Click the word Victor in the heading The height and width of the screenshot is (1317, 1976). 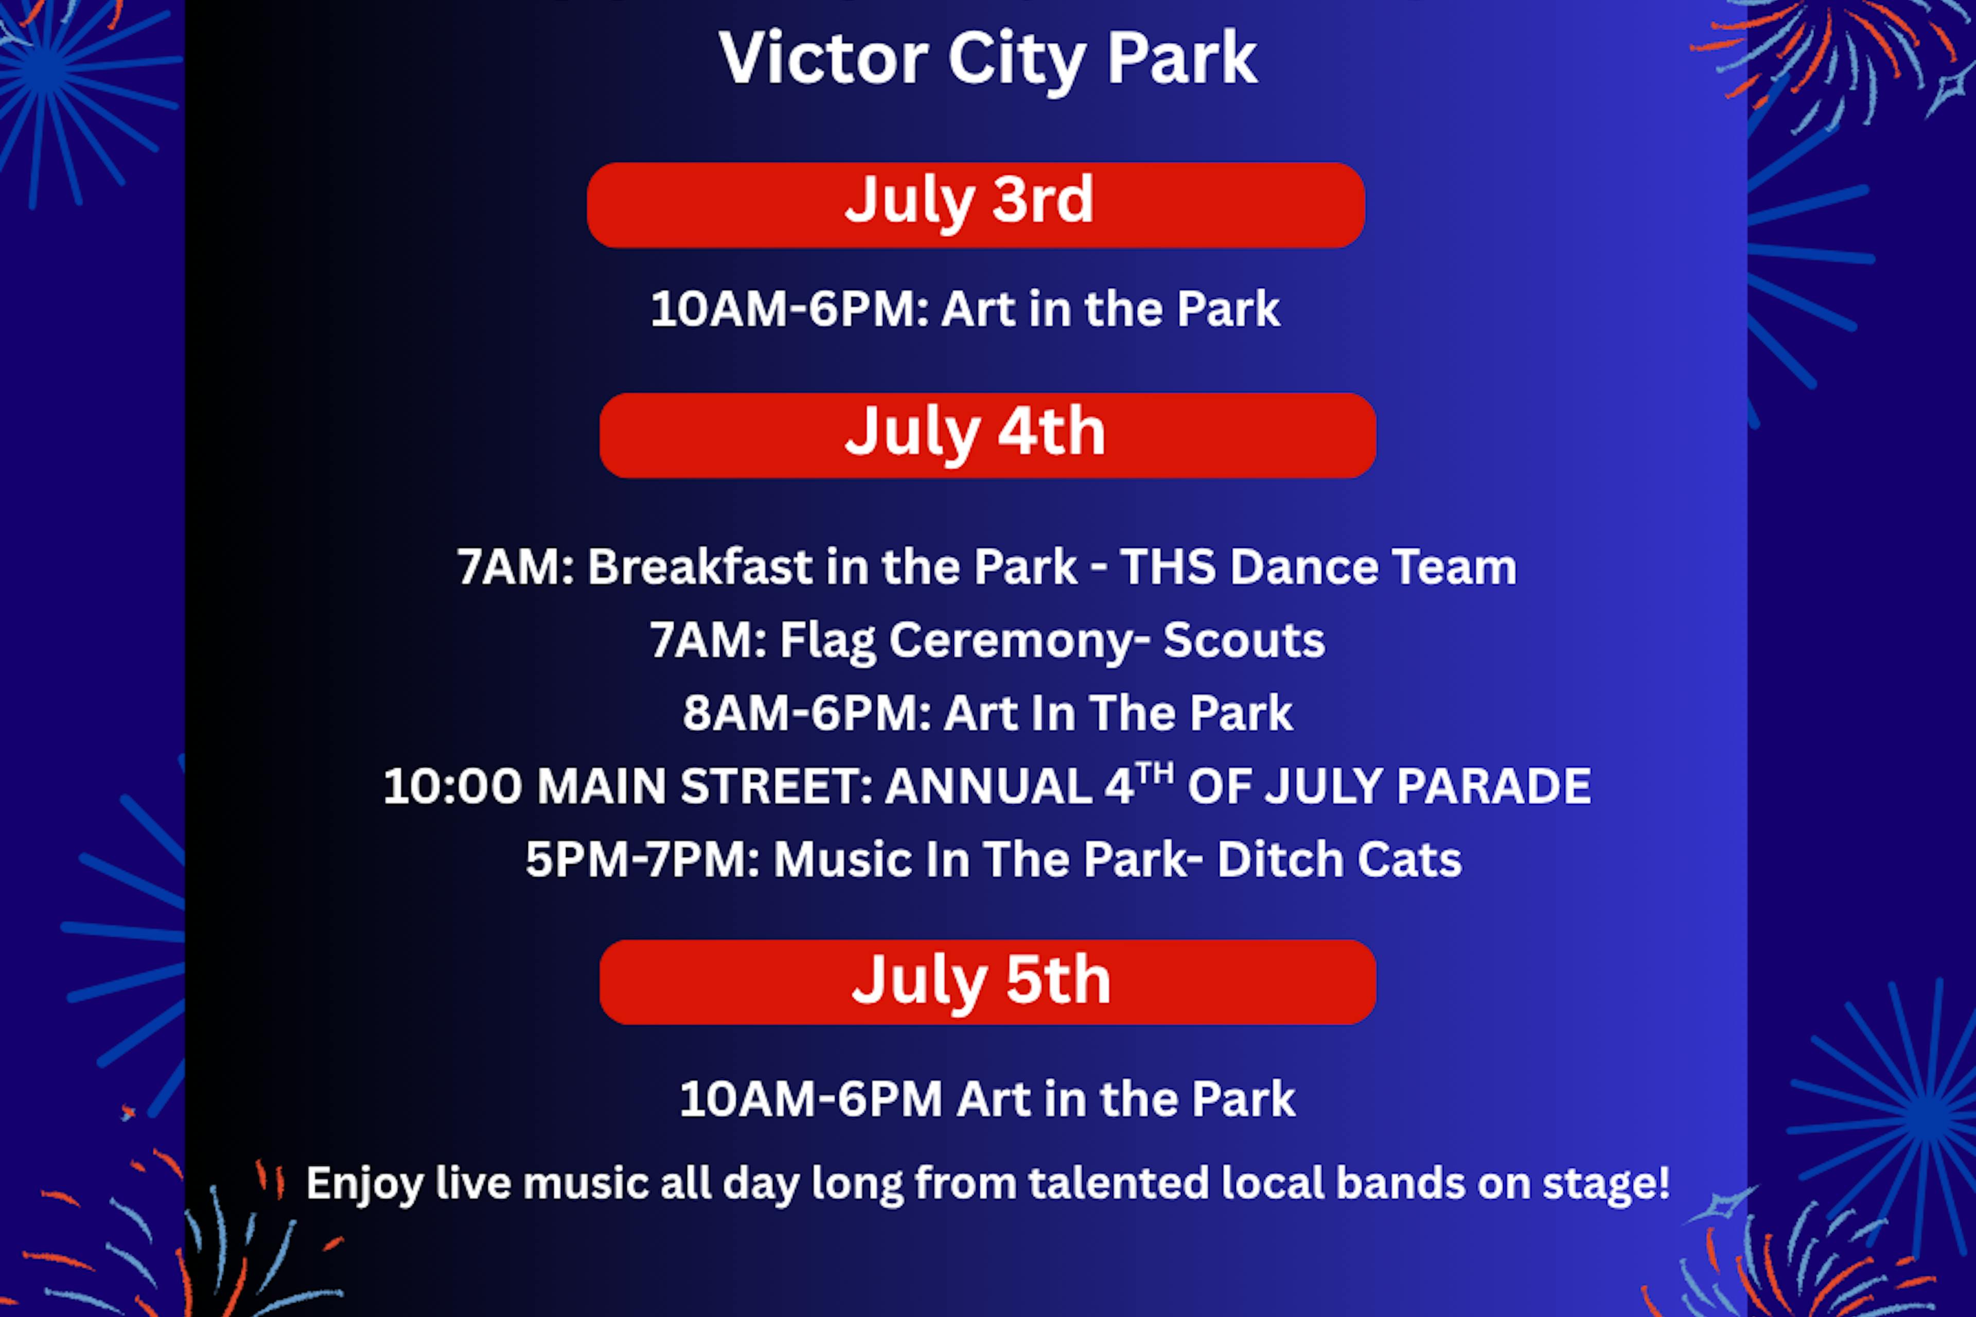(x=823, y=57)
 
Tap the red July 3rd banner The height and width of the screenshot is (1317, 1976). (x=976, y=205)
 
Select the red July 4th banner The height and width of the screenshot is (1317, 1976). (x=987, y=435)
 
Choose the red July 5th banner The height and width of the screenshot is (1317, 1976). (x=987, y=982)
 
